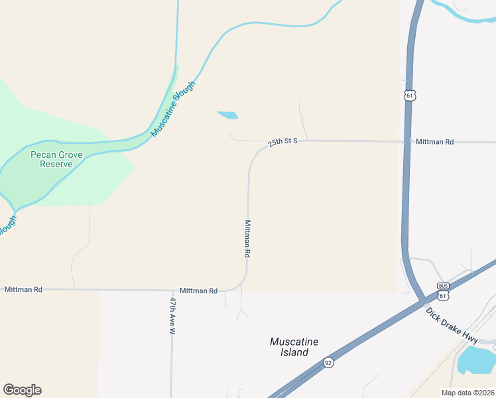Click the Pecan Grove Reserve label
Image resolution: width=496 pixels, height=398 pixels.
coord(51,159)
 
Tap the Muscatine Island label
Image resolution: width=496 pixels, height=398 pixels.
coord(294,347)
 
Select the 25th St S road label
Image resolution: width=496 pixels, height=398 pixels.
coord(283,141)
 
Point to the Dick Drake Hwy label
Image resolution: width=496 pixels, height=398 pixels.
coord(452,325)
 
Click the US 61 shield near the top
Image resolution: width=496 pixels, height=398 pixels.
coord(410,96)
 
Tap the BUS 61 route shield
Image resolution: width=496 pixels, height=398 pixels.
coord(443,290)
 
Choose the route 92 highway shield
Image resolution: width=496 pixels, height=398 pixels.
coord(328,362)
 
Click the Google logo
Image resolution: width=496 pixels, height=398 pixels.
coord(22,390)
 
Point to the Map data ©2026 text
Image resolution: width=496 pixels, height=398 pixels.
coord(467,393)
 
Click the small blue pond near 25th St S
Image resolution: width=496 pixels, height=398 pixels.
coord(227,115)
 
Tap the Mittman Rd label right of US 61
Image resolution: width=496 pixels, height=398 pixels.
coord(434,142)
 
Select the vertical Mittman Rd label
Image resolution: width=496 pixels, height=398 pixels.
coord(247,239)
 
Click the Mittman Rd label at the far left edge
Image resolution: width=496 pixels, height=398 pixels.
coord(23,290)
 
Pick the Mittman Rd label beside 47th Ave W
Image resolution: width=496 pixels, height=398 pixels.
coord(198,291)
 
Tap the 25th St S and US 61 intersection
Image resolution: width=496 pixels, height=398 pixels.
coord(404,142)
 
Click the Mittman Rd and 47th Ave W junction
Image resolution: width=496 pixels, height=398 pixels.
coord(172,291)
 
